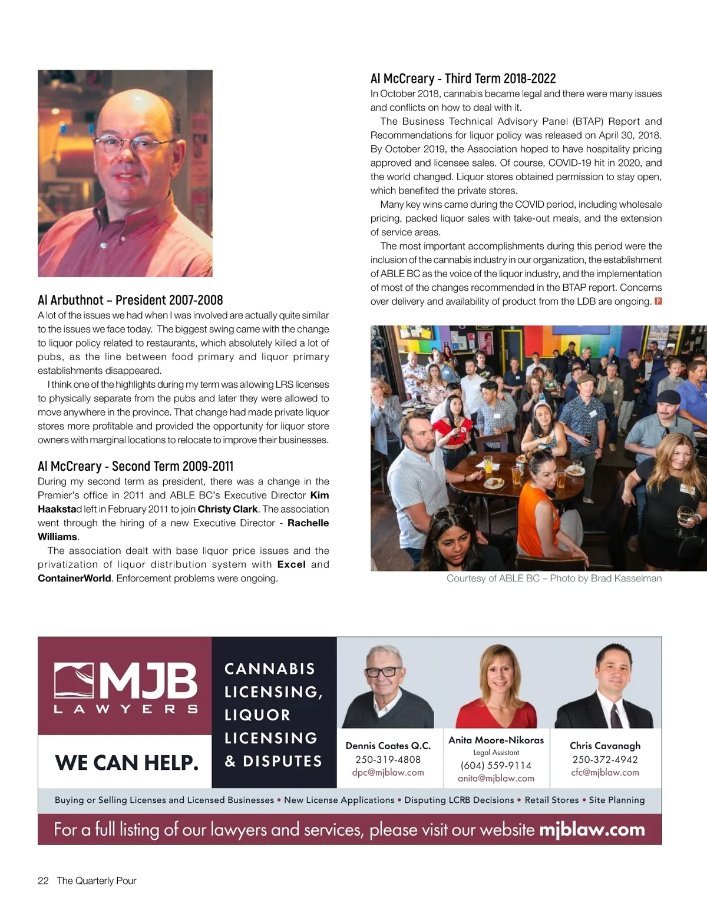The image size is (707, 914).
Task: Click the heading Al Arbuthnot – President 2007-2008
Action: point(130,300)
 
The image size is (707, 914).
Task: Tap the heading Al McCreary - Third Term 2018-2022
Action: point(463,78)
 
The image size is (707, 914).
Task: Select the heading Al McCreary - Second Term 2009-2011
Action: point(136,466)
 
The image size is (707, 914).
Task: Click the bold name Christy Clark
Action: point(227,509)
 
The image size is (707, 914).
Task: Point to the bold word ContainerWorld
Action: point(74,579)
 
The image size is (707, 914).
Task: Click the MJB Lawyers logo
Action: point(125,686)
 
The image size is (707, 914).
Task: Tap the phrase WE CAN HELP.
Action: point(127,763)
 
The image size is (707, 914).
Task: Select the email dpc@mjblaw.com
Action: point(388,772)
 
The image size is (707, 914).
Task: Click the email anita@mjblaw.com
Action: point(496,778)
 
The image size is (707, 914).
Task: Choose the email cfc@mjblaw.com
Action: point(605,772)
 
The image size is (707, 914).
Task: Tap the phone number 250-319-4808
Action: point(388,759)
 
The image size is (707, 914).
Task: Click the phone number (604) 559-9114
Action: point(496,765)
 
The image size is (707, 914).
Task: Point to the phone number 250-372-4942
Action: point(605,759)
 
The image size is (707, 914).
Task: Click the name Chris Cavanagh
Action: point(605,746)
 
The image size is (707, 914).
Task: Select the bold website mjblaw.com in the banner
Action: point(592,829)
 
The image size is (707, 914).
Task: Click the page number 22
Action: point(43,880)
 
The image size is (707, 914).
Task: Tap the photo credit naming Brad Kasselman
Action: point(554,579)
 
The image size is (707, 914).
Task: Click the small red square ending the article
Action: point(658,301)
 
